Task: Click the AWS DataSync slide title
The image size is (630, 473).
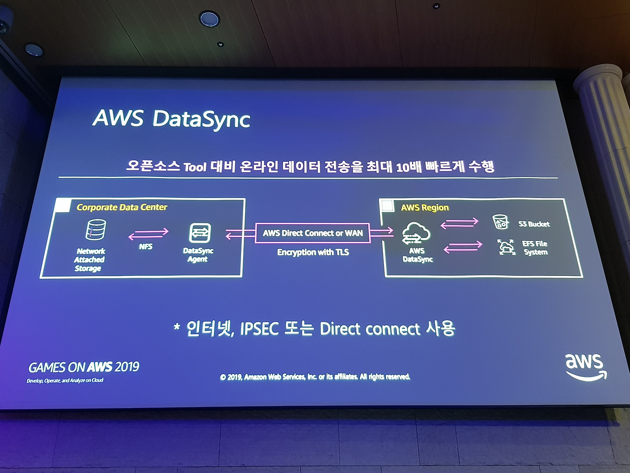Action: [171, 119]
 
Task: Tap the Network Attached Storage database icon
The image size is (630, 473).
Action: [95, 230]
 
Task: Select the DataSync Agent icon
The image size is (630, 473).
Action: [200, 233]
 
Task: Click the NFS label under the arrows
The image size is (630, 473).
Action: [146, 246]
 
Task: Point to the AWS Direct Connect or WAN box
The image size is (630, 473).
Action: [313, 233]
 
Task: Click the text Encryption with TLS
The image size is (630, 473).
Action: [313, 252]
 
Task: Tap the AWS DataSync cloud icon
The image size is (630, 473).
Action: [415, 234]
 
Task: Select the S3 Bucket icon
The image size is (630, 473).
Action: [501, 222]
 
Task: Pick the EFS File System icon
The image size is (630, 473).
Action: [506, 247]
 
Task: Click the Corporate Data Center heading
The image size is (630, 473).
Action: [122, 207]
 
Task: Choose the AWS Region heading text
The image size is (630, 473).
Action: [425, 208]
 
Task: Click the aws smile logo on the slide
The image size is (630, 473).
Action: [585, 367]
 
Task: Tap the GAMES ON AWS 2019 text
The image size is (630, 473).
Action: [84, 367]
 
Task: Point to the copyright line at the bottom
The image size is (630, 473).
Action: [315, 377]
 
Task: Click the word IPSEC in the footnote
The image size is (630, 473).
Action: [259, 329]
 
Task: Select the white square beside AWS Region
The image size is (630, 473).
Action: [388, 206]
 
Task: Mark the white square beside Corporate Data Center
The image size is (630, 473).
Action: [63, 205]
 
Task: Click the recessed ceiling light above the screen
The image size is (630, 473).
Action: [209, 19]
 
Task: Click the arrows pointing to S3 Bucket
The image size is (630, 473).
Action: [459, 223]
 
